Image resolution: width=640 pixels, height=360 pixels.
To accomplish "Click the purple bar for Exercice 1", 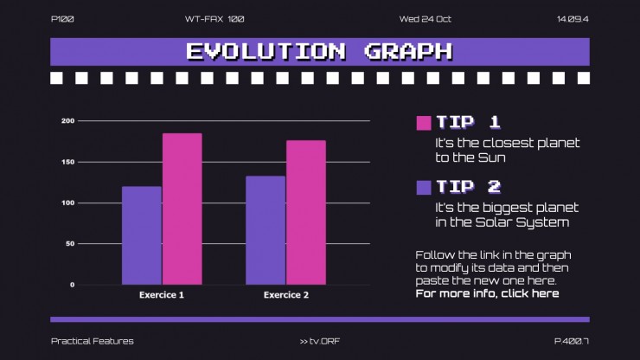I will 141,235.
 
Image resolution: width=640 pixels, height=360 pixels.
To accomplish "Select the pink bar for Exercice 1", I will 182,209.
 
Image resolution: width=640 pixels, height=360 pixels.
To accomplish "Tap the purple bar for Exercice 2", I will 266,230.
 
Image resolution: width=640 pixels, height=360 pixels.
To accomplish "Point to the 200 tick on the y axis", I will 68,121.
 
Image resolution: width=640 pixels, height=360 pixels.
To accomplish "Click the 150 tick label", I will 68,162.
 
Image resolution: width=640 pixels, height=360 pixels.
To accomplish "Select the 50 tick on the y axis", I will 70,244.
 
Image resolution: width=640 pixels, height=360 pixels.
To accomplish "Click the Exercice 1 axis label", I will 162,295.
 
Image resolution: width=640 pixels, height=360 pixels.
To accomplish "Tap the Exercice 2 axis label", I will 285,295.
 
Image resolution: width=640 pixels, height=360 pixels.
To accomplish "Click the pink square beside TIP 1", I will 424,123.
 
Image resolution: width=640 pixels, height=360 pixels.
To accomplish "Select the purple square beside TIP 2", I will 424,187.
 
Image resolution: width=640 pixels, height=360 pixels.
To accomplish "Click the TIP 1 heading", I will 468,122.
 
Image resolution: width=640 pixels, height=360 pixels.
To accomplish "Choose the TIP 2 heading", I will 468,186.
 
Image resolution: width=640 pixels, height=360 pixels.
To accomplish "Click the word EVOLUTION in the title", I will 266,51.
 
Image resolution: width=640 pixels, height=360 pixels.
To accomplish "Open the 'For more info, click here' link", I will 487,293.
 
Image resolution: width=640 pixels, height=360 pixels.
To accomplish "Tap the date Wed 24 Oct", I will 426,19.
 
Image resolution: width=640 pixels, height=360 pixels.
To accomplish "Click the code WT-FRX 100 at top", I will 214,19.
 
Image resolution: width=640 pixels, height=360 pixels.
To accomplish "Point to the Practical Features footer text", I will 93,341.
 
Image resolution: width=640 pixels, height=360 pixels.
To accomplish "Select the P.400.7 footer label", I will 571,341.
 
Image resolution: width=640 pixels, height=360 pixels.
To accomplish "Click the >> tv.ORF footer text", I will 320,341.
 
